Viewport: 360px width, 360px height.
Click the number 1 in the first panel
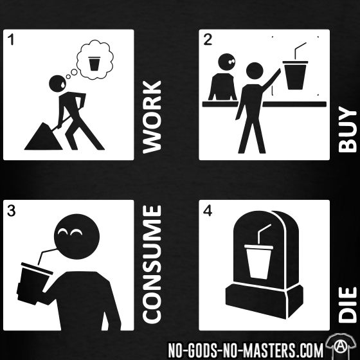click(x=12, y=39)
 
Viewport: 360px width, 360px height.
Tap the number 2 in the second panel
click(x=208, y=39)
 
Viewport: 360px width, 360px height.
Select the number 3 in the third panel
click(x=12, y=211)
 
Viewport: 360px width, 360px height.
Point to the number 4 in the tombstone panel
click(x=208, y=211)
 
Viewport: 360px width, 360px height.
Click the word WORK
click(x=152, y=117)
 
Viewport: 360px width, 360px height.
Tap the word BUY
click(x=348, y=129)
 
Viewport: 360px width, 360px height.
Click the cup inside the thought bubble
click(x=93, y=64)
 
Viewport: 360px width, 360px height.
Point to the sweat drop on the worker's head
click(x=63, y=84)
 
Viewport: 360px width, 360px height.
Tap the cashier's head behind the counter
click(x=226, y=62)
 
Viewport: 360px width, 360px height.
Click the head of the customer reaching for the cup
click(x=255, y=71)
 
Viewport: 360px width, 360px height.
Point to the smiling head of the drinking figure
click(x=76, y=237)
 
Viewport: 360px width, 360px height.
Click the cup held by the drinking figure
click(x=33, y=283)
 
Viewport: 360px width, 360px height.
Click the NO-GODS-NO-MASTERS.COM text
click(x=246, y=350)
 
